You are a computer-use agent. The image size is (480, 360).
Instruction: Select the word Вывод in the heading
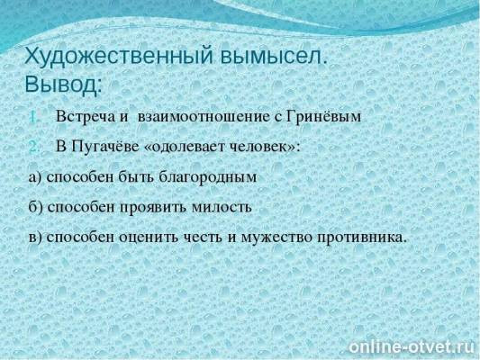click(x=60, y=84)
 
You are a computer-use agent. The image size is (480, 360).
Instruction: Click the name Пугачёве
click(x=111, y=146)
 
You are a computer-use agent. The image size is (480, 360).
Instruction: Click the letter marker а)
click(x=35, y=176)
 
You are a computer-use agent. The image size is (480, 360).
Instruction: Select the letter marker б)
click(x=35, y=206)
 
